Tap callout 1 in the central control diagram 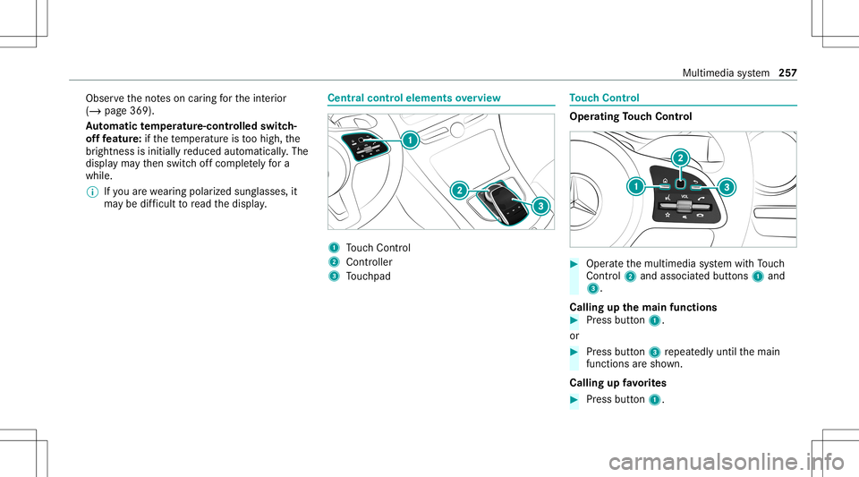click(410, 140)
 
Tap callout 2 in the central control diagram click(458, 190)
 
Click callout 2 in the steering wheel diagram click(681, 158)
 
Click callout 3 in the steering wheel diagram click(726, 186)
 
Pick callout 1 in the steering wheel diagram click(634, 186)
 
